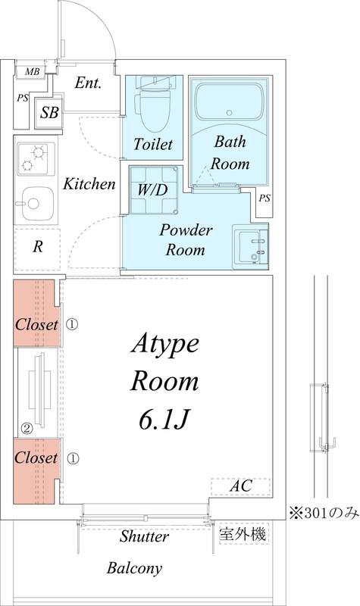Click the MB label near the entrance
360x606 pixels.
[x=32, y=72]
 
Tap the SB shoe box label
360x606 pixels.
[x=49, y=114]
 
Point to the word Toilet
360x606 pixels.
[x=153, y=144]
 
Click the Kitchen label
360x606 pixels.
[x=89, y=184]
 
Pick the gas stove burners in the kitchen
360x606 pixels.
[x=33, y=158]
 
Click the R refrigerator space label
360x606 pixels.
[x=37, y=246]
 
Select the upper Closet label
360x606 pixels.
[x=36, y=324]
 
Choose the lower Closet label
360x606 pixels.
[x=36, y=458]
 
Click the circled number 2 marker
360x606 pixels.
[x=26, y=428]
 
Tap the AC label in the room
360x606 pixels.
[x=241, y=485]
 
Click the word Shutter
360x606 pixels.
[x=144, y=537]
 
